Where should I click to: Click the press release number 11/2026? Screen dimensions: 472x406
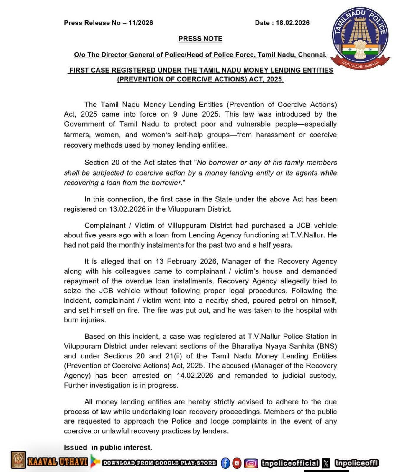pyautogui.click(x=141, y=23)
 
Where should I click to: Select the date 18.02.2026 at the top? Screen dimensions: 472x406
pyautogui.click(x=293, y=23)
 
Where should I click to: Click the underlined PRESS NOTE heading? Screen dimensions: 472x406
pyautogui.click(x=200, y=39)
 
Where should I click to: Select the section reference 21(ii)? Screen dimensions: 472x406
pyautogui.click(x=176, y=356)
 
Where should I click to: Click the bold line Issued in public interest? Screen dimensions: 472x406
pyautogui.click(x=108, y=447)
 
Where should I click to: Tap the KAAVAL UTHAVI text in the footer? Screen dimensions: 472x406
pyautogui.click(x=58, y=462)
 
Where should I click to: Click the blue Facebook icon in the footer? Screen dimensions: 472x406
pyautogui.click(x=225, y=463)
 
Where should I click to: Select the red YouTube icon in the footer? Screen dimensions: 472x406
pyautogui.click(x=237, y=463)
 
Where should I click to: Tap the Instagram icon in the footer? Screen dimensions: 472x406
pyautogui.click(x=251, y=463)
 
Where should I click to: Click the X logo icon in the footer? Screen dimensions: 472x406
pyautogui.click(x=326, y=463)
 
